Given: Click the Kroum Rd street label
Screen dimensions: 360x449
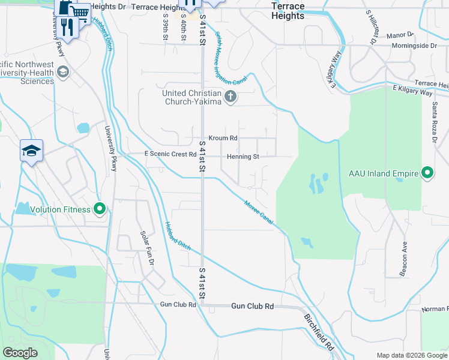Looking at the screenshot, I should pos(223,138).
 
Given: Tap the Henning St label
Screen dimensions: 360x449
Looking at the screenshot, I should pos(243,157).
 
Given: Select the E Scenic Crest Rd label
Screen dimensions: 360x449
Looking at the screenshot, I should pos(170,154).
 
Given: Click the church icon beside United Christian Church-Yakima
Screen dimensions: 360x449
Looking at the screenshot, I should pos(230,96).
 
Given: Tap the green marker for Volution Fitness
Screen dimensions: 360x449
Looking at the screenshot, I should pos(100,209).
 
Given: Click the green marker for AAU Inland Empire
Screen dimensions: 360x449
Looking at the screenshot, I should pos(427,173).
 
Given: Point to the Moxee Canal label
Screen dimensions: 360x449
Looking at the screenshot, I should pos(259,213).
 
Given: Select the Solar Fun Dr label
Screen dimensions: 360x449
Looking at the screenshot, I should pos(147,248).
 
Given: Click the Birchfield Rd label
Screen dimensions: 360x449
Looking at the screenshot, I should pos(318,332).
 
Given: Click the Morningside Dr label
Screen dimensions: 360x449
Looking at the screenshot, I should pos(413,46).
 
